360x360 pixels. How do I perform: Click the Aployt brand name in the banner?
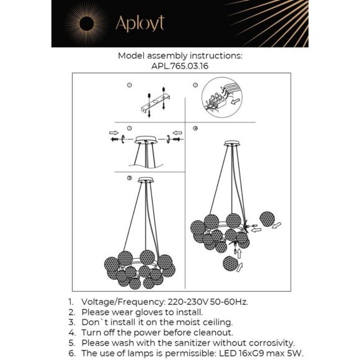140,24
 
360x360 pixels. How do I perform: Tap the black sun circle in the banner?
86,24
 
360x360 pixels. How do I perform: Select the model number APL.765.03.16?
180,66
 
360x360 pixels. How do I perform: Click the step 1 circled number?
129,85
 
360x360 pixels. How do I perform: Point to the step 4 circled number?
196,128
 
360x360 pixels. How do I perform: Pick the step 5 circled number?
129,178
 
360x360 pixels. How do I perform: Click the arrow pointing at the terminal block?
236,101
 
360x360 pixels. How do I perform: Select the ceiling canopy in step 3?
146,140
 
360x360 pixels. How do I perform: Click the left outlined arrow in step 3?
114,133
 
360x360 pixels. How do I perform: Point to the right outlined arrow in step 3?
178,133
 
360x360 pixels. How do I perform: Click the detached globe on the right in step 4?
267,219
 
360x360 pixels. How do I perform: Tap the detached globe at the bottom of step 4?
230,264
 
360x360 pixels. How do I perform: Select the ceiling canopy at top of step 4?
233,143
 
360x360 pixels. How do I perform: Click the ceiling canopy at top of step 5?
146,180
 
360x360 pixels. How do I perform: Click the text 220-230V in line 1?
188,302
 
